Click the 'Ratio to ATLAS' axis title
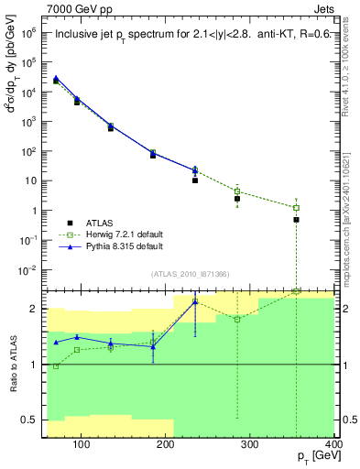click(15, 364)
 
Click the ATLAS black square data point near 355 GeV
click(296, 220)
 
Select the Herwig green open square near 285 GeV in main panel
click(237, 191)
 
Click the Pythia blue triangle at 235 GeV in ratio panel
click(195, 301)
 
